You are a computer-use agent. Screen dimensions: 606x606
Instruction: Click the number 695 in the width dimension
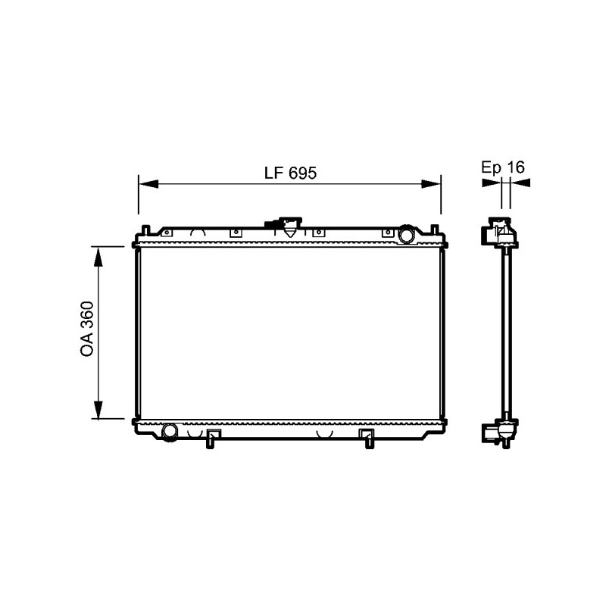(x=302, y=173)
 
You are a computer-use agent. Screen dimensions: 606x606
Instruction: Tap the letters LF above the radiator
(x=273, y=173)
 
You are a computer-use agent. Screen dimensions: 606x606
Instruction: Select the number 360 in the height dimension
(x=86, y=314)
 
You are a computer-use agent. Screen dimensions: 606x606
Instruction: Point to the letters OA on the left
(x=86, y=345)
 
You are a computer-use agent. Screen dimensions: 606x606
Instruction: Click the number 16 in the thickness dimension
(x=516, y=167)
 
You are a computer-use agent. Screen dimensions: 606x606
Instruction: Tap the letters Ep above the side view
(x=491, y=167)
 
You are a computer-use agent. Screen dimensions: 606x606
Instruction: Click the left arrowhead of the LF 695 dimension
(x=148, y=183)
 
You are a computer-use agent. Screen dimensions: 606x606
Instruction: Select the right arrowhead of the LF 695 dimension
(x=431, y=183)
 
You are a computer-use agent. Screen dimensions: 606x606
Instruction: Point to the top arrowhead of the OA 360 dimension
(x=98, y=257)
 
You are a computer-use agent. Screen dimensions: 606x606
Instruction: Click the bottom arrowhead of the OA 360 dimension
(x=98, y=409)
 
